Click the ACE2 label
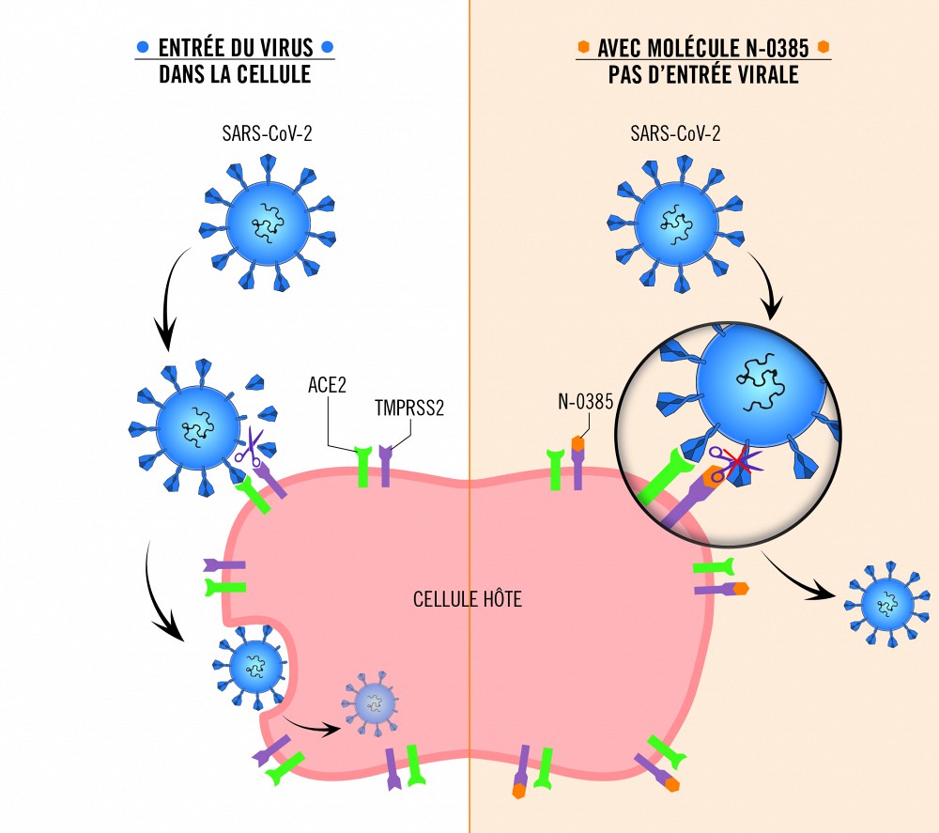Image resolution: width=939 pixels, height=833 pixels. pos(328,385)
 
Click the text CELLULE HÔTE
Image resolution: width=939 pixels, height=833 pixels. pos(468,598)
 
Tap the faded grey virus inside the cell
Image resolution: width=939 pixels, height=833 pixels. pos(375,701)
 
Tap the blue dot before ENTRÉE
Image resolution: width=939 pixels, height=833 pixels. pos(143,47)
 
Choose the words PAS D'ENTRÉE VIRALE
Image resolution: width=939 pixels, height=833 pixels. pos(703,74)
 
